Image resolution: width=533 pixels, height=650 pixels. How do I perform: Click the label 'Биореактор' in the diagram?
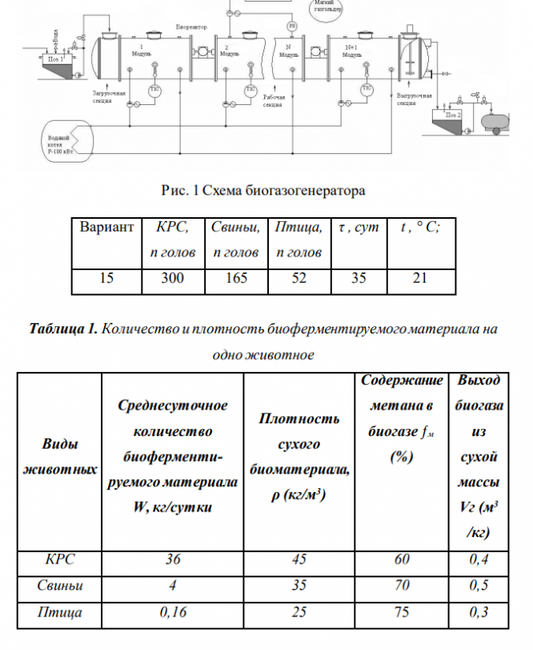191,27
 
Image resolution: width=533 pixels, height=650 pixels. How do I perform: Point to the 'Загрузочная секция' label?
107,97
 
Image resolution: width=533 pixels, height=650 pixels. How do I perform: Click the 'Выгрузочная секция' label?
415,99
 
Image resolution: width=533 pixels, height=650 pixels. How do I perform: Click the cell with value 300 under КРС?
172,279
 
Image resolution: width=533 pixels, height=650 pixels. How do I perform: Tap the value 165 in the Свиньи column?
235,279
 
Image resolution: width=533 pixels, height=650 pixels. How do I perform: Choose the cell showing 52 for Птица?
298,279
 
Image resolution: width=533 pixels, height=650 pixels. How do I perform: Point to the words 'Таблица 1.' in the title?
63,329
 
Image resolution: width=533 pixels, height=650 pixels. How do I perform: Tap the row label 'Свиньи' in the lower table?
60,586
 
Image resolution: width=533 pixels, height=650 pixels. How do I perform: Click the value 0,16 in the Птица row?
172,612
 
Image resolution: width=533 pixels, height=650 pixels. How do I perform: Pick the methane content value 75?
401,612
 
